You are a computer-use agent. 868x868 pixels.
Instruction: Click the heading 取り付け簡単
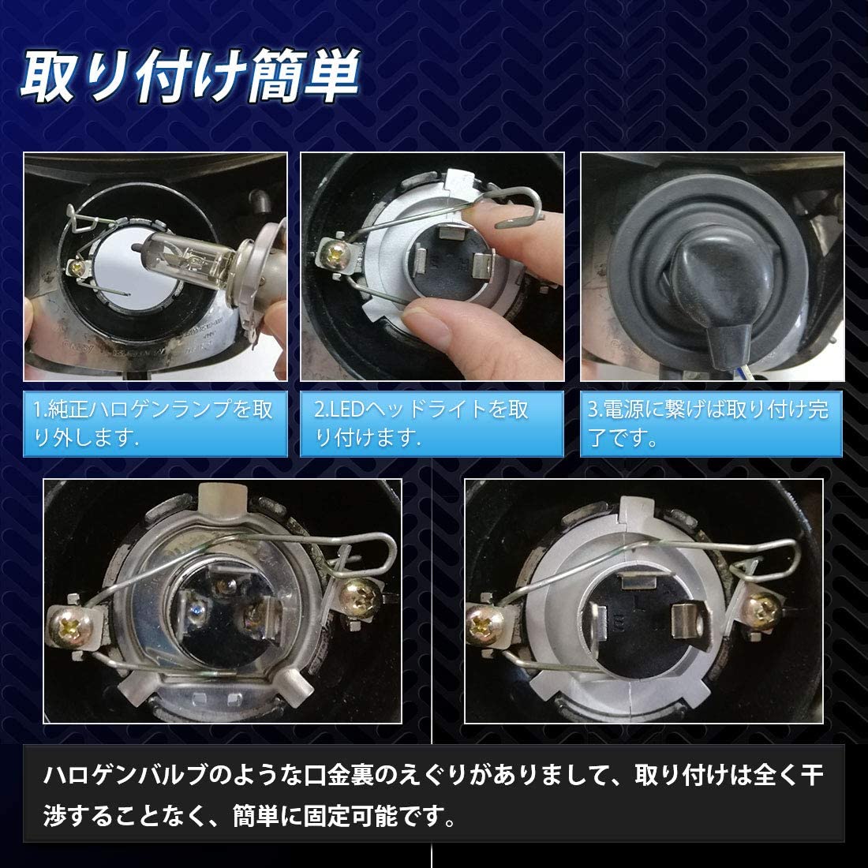click(189, 80)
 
